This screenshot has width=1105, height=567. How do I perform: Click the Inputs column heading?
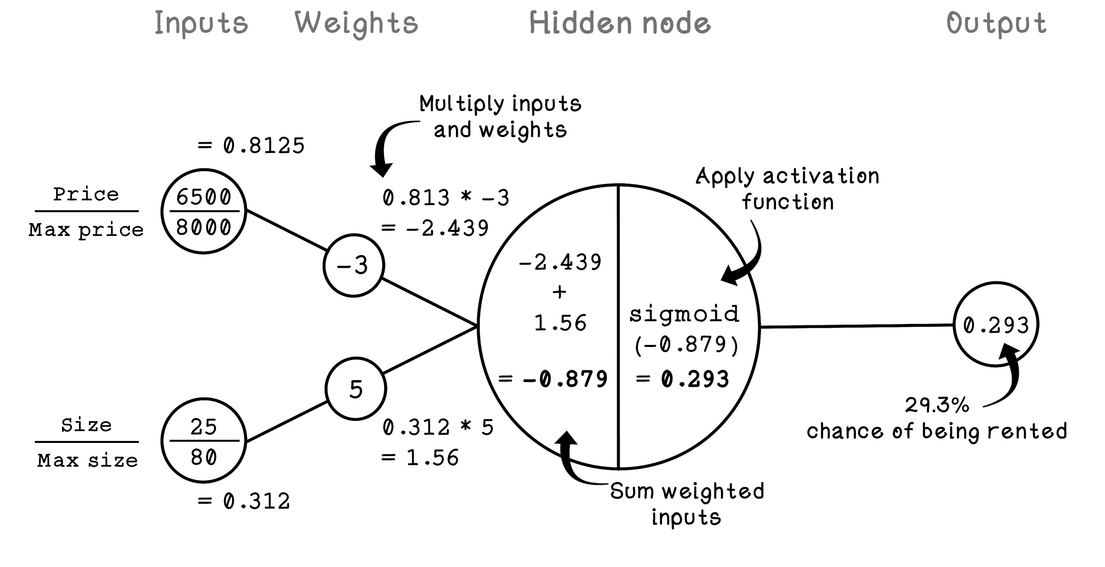click(x=201, y=23)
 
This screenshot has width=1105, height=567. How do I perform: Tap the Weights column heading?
click(x=356, y=23)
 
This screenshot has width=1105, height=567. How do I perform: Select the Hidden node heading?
click(x=620, y=23)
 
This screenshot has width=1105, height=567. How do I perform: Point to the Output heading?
click(x=997, y=23)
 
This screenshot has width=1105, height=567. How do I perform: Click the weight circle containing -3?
click(x=354, y=265)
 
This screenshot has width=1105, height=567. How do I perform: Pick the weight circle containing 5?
click(x=356, y=389)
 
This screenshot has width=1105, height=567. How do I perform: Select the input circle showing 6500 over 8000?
click(x=204, y=211)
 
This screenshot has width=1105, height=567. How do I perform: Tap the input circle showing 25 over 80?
click(x=204, y=441)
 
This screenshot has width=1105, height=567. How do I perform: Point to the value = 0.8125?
click(x=252, y=146)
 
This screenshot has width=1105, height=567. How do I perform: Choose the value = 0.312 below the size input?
click(x=244, y=501)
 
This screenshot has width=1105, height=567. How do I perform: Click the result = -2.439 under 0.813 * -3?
click(x=435, y=228)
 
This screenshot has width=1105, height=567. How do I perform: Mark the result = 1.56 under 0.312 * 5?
click(x=420, y=458)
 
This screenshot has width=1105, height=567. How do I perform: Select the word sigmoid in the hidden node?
click(x=684, y=314)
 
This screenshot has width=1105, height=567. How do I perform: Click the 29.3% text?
click(x=937, y=405)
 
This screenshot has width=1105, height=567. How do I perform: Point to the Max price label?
click(x=86, y=230)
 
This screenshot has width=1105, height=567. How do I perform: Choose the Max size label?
click(x=87, y=461)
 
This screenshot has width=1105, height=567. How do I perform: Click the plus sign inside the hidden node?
click(x=559, y=292)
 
